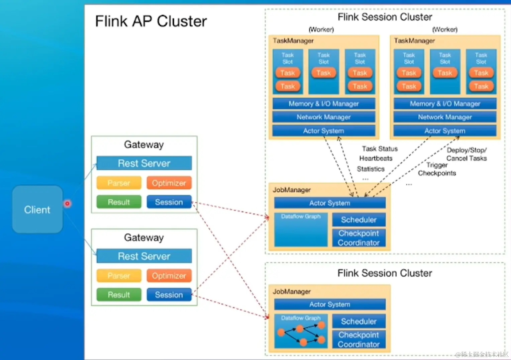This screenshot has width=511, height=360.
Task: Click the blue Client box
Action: click(x=37, y=209)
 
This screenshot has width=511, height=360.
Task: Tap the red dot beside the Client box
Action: click(x=67, y=203)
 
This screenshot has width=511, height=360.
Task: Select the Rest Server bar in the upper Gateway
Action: click(x=144, y=163)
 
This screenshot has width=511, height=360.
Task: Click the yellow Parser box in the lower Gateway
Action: click(x=119, y=276)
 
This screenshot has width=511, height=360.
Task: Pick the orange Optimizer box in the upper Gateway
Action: click(x=169, y=183)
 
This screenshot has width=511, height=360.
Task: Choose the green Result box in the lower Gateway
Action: click(x=119, y=295)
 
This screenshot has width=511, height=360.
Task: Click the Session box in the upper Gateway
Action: click(x=169, y=202)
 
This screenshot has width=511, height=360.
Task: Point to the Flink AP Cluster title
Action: click(x=151, y=21)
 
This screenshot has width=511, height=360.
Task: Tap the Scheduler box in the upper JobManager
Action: click(x=359, y=220)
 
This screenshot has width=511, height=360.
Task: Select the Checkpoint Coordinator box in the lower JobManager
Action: click(x=359, y=339)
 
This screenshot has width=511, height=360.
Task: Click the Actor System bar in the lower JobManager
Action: click(x=330, y=304)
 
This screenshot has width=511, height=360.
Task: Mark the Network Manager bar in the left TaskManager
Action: click(x=324, y=117)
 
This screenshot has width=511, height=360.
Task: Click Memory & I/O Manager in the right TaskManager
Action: click(x=445, y=104)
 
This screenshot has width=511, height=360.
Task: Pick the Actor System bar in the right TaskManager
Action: click(x=445, y=131)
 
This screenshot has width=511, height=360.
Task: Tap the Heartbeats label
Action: click(x=376, y=158)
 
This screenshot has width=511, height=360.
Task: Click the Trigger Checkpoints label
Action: click(x=437, y=169)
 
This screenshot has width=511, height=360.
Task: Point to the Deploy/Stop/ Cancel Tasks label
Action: click(x=467, y=154)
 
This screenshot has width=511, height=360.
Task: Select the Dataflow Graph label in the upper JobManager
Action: click(x=301, y=216)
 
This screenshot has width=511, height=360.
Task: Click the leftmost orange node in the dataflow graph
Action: click(x=281, y=332)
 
